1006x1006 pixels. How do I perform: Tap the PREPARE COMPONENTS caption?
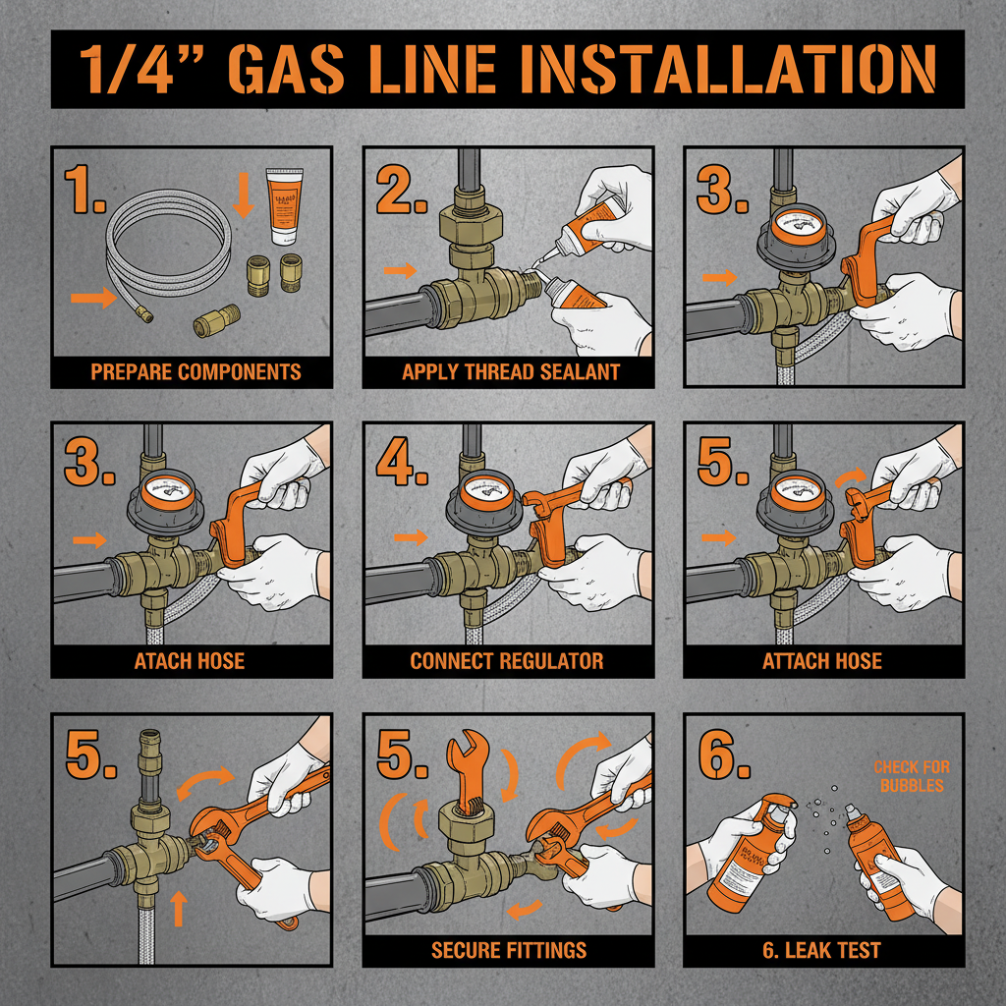[x=196, y=372]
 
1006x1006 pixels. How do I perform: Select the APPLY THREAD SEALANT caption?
[x=511, y=372]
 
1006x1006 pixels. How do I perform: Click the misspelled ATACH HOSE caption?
[x=190, y=661]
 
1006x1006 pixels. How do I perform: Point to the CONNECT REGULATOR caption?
[x=507, y=661]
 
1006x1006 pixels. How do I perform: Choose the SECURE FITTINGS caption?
[x=509, y=950]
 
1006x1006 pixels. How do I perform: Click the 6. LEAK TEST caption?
[x=823, y=950]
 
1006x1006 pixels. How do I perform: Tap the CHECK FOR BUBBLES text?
[x=911, y=776]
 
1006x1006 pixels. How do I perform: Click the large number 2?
[x=400, y=191]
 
